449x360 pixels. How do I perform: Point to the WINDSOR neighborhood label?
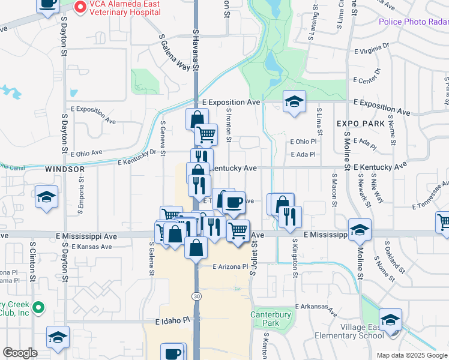tap(65, 170)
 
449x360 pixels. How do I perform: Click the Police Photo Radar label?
tap(414, 22)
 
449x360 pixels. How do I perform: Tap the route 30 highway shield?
tap(196, 296)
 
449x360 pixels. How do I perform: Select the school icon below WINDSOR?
tap(46, 197)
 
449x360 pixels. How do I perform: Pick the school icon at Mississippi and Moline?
tap(360, 230)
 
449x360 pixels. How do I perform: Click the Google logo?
tap(20, 353)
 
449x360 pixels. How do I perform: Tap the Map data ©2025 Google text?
tap(412, 355)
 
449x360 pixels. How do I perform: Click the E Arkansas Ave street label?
tap(316, 309)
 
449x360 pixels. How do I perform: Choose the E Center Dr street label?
tap(367, 75)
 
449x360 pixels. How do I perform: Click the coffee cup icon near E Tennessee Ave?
tap(234, 202)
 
